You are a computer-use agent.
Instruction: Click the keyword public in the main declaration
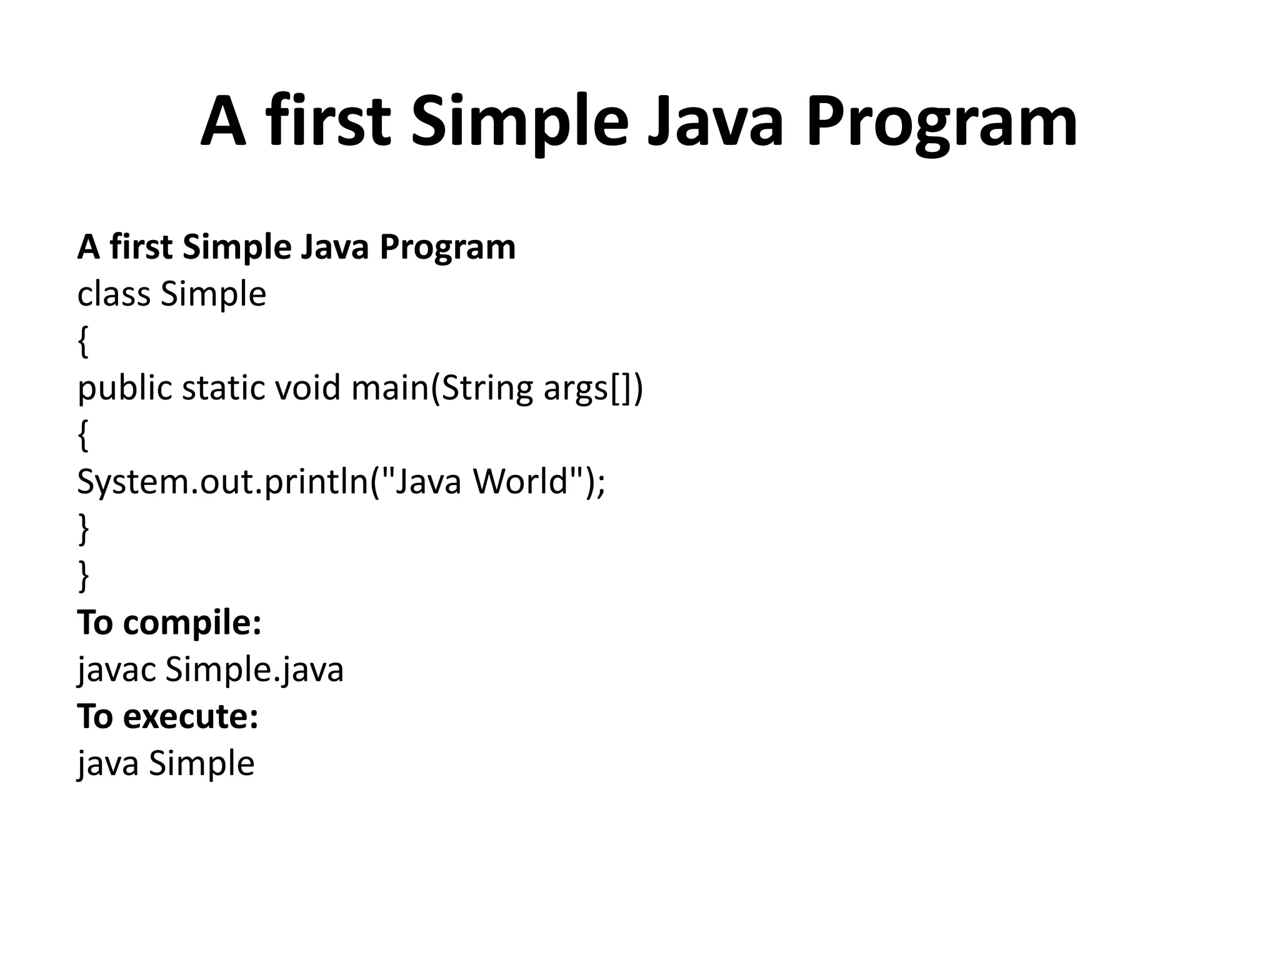click(124, 389)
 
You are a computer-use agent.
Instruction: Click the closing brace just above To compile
click(83, 576)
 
